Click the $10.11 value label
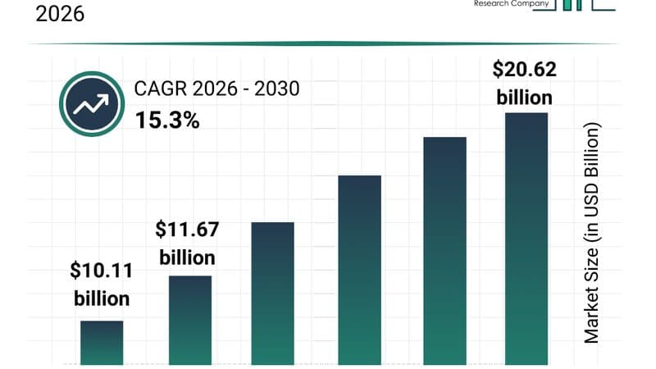click(x=102, y=271)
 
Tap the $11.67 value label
click(x=187, y=230)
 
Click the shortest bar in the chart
click(x=102, y=342)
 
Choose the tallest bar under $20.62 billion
click(x=526, y=238)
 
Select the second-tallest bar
click(x=444, y=250)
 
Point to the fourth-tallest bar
click(x=272, y=293)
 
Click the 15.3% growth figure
click(x=166, y=121)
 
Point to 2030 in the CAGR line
click(x=277, y=89)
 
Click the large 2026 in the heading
click(x=60, y=14)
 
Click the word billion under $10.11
click(x=102, y=298)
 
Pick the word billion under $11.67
click(x=187, y=257)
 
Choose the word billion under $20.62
click(x=525, y=98)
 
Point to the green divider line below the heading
click(x=328, y=43)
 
